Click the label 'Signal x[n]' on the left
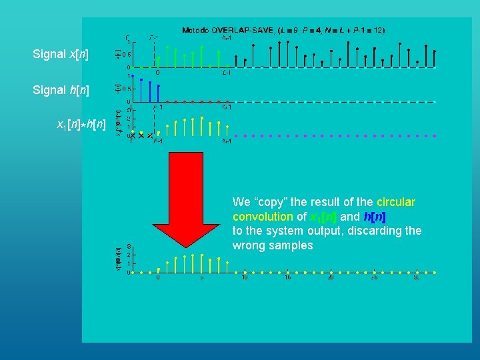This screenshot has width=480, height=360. tap(61, 54)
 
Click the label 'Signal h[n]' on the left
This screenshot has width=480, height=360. tap(61, 90)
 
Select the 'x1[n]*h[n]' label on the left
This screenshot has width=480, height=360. tap(80, 125)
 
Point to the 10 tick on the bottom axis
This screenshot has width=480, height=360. tap(245, 278)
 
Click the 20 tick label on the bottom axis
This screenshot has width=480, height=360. tap(331, 278)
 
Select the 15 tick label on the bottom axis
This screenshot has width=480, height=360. tap(287, 278)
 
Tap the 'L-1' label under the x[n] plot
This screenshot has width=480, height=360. tap(227, 73)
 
